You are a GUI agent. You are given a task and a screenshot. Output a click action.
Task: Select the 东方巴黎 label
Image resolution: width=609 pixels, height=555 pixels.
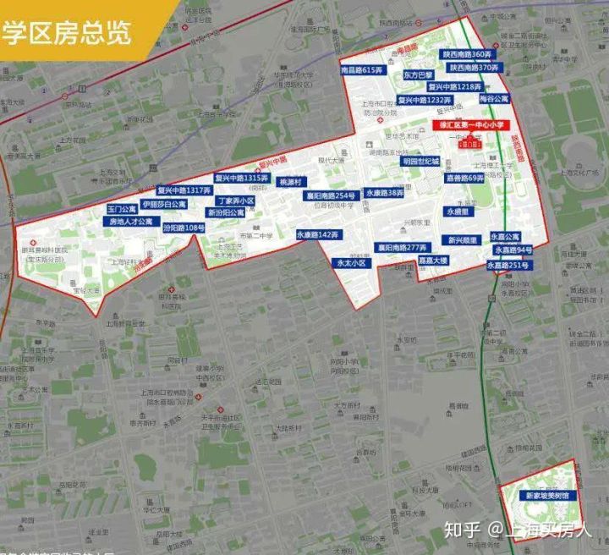[x=418, y=75]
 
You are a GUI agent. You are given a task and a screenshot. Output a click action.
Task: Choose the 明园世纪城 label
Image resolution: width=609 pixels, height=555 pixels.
[x=420, y=161]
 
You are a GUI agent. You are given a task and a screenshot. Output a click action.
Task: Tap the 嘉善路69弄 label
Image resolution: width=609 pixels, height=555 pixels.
[x=464, y=179]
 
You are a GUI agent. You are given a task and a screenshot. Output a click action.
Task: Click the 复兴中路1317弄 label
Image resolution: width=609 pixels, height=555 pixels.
[x=183, y=190]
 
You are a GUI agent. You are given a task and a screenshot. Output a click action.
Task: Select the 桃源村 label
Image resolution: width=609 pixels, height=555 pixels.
[x=290, y=182]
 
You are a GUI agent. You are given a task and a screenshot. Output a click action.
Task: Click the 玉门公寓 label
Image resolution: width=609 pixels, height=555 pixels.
[x=121, y=209]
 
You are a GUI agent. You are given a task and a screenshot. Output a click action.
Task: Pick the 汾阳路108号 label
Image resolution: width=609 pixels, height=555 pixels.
[x=184, y=228]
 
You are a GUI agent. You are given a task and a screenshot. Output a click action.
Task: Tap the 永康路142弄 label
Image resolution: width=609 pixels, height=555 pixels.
[x=317, y=234]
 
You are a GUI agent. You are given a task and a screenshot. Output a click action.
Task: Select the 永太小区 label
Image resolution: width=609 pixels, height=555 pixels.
[x=352, y=263]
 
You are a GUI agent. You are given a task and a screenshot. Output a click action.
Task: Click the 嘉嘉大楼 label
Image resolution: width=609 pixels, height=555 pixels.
[x=432, y=261]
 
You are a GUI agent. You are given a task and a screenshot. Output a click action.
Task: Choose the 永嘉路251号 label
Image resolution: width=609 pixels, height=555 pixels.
[x=507, y=265]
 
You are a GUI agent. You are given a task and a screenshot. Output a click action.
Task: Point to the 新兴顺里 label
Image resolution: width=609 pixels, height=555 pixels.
[x=464, y=239]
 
